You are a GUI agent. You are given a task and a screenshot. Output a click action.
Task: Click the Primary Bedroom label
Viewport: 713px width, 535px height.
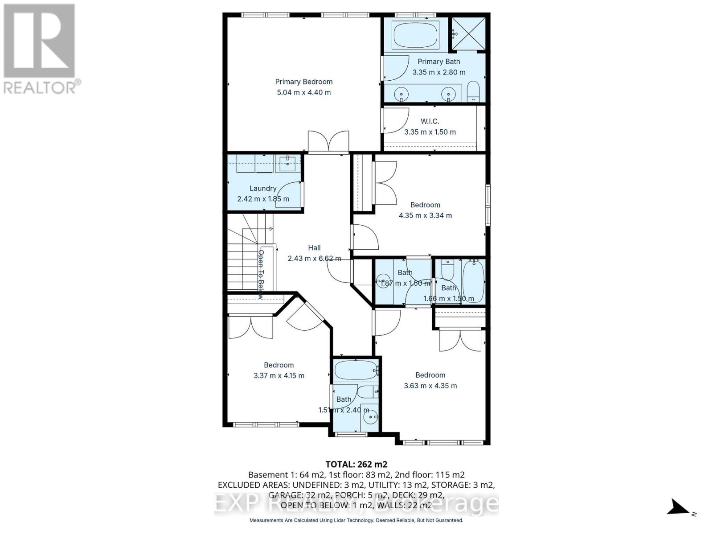coord(303,82)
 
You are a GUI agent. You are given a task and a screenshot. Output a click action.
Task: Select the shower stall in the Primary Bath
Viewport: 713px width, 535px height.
coord(467,34)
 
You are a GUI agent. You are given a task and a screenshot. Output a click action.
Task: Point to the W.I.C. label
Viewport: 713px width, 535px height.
coord(430,121)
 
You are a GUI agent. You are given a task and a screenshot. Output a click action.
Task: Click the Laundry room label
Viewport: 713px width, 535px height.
coord(263,188)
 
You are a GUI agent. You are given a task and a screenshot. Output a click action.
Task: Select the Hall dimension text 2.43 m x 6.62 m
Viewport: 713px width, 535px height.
coord(314,259)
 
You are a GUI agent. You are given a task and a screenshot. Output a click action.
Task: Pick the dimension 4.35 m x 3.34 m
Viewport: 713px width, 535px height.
coord(425,215)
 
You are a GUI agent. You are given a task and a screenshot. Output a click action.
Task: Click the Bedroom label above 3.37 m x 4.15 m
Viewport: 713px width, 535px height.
coord(279,365)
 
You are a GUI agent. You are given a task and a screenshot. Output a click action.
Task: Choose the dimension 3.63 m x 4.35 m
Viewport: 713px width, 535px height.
coord(430,386)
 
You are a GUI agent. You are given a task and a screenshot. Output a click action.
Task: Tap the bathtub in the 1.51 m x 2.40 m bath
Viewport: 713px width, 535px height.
coord(355,370)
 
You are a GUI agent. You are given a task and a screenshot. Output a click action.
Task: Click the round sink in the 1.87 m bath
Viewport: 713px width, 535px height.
coord(383,282)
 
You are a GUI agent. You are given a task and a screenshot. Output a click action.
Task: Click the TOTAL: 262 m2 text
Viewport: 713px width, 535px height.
coord(356,464)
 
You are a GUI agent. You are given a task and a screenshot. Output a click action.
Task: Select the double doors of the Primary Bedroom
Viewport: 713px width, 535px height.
coord(328,142)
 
